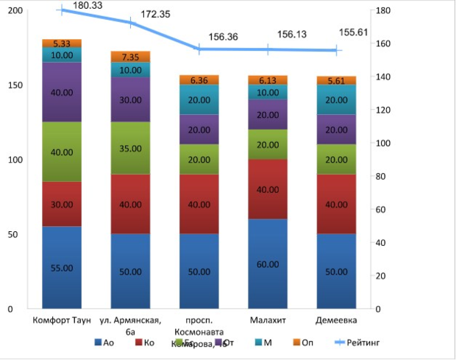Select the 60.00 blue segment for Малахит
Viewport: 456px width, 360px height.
268,263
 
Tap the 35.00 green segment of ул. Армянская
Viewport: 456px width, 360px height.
130,148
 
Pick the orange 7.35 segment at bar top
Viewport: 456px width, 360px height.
130,57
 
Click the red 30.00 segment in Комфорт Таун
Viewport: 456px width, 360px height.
62,204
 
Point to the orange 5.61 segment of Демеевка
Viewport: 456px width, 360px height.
336,80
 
